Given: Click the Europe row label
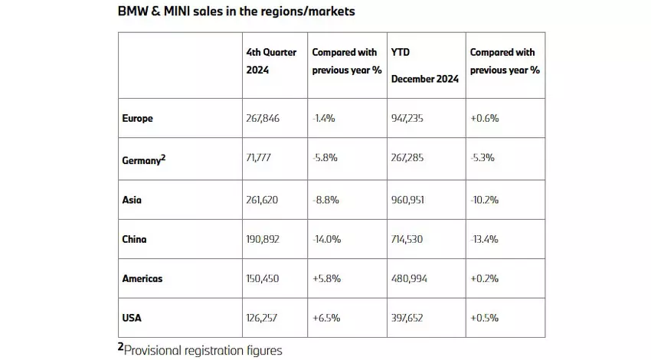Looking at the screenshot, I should [x=138, y=119].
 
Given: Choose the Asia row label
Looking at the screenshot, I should [x=132, y=198].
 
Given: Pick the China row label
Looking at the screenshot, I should [x=135, y=238].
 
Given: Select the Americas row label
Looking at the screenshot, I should [x=142, y=278].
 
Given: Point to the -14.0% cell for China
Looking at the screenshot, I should [x=327, y=238].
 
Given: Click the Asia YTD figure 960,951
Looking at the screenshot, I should [x=410, y=198].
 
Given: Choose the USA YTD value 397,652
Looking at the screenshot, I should [x=411, y=318].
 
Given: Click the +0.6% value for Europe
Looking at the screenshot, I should [x=484, y=119].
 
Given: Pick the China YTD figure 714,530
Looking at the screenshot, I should [x=410, y=238].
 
